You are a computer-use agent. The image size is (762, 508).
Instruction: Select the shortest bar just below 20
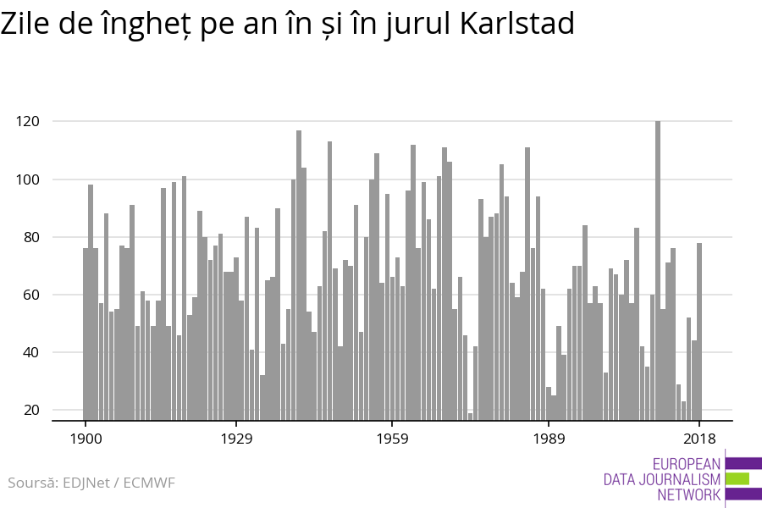[471, 416]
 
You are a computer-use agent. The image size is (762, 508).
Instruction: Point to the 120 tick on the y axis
[28, 122]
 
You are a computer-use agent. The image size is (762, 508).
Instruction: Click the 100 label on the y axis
[28, 179]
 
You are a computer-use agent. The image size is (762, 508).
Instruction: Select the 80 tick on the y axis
[31, 237]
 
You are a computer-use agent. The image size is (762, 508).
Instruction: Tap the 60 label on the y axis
[31, 295]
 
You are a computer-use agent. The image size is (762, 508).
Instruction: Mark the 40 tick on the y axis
[31, 352]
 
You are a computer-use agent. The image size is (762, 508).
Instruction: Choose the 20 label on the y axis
[31, 410]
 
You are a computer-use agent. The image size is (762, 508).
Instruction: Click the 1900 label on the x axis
[86, 439]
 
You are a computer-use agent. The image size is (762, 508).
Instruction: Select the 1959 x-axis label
[392, 439]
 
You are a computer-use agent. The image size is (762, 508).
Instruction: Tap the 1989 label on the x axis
[549, 439]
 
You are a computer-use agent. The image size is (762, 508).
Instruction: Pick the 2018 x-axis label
[699, 439]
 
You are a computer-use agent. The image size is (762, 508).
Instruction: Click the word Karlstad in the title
[517, 25]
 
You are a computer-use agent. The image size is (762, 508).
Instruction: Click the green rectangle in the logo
[737, 479]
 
